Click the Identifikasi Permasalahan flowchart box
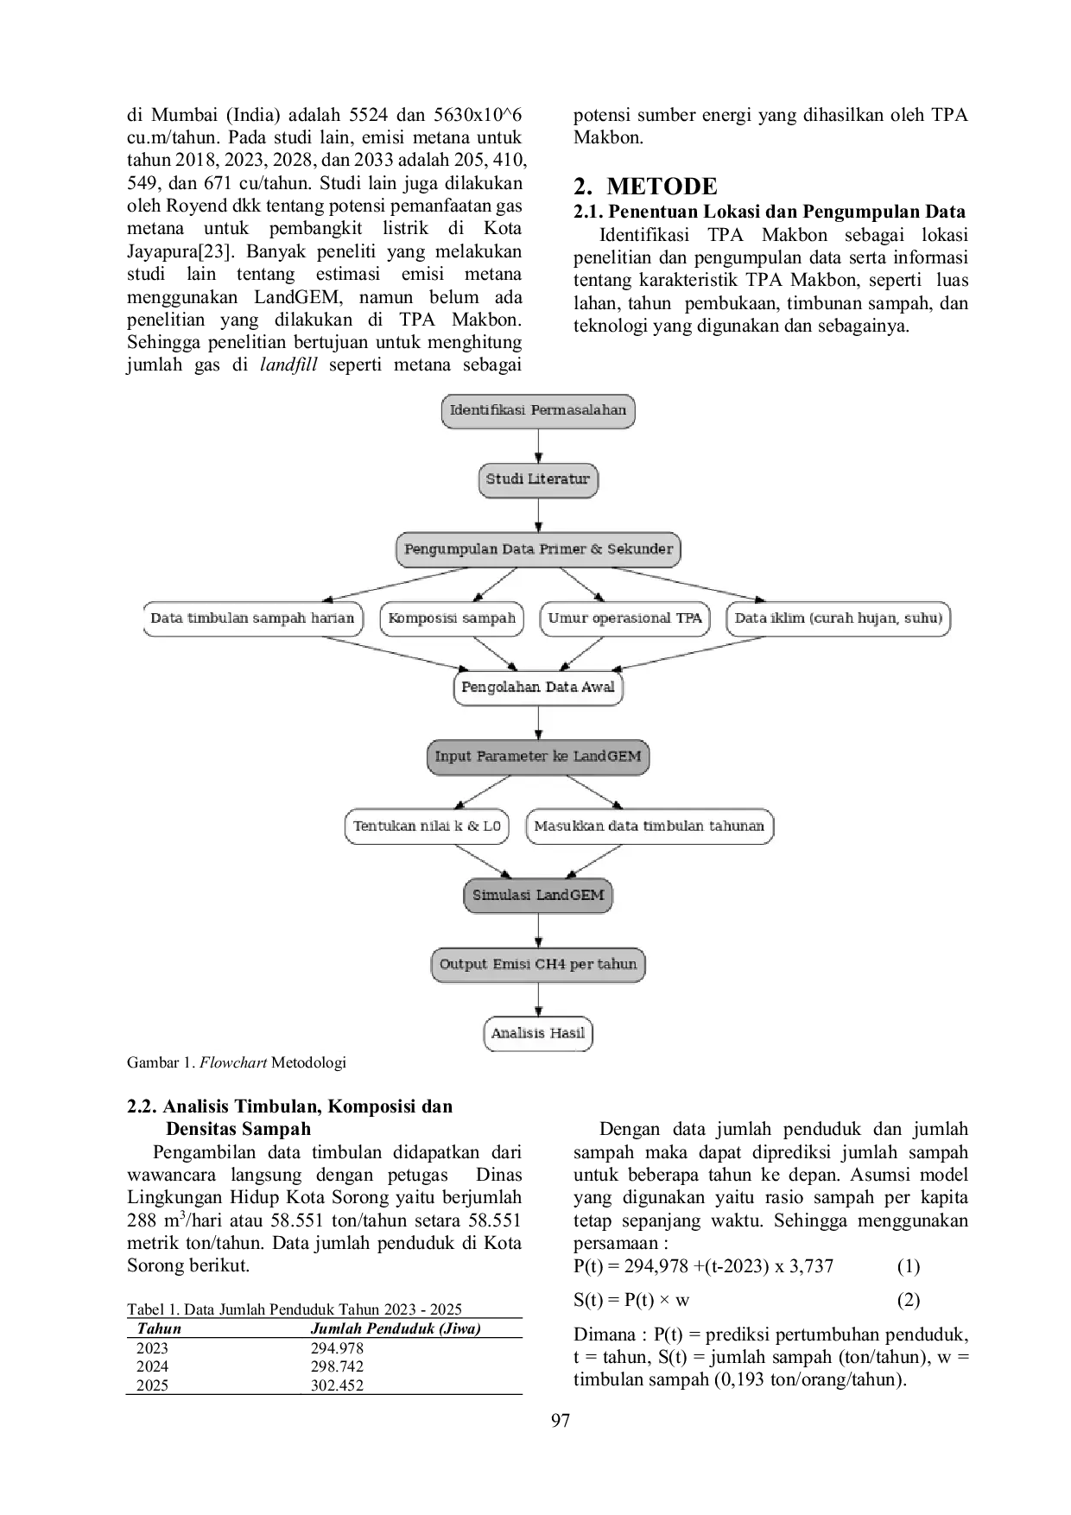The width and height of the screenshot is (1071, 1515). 538,411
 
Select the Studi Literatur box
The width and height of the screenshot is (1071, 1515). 538,480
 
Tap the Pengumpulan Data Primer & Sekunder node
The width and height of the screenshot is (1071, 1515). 538,549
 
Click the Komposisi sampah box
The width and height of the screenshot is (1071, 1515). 452,618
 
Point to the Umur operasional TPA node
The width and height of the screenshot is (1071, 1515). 624,618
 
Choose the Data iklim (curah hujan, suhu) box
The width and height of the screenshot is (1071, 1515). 838,618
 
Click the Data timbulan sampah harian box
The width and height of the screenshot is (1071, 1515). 253,618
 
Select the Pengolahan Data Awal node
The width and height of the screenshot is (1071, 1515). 538,688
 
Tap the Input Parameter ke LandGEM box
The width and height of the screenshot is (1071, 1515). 538,757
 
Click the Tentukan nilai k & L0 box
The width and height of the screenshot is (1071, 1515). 427,826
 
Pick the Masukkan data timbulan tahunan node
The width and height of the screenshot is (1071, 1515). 650,826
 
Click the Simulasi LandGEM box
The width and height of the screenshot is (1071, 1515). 538,895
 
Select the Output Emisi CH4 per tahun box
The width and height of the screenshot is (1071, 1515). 538,964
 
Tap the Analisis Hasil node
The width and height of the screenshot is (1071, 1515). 538,1033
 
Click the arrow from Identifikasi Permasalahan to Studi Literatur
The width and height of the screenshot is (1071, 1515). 538,446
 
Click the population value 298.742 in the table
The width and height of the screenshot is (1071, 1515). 337,1366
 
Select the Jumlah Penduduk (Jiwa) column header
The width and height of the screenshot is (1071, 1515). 396,1329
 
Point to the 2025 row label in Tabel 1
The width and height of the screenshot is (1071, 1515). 153,1385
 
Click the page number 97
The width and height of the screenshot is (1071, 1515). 561,1421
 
